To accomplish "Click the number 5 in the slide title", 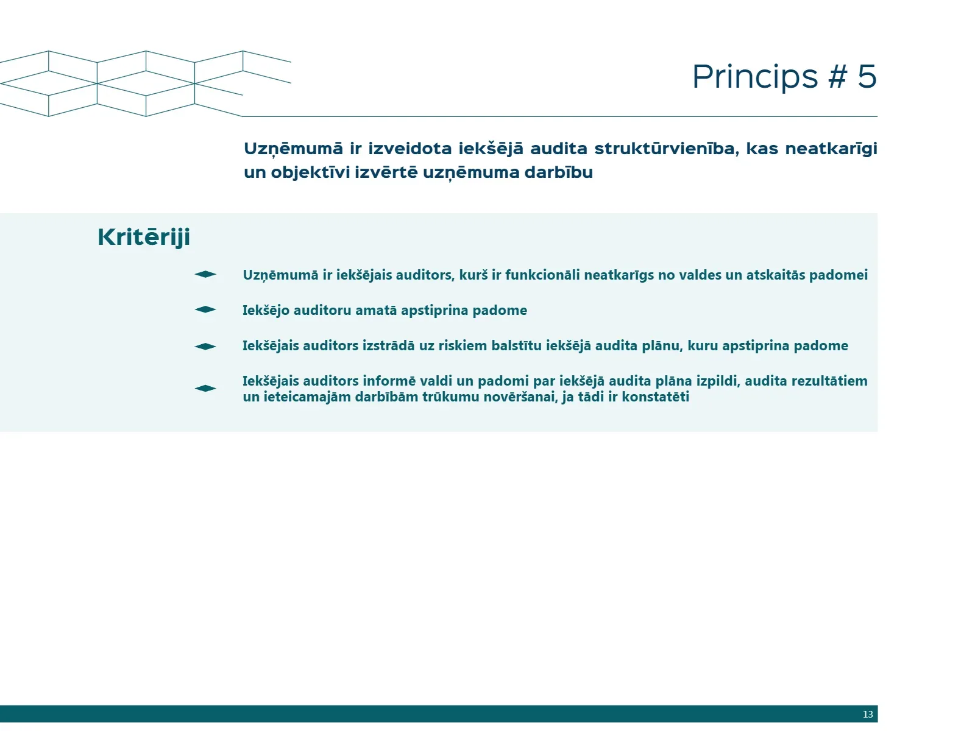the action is click(x=867, y=76).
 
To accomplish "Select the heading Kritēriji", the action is click(x=144, y=237).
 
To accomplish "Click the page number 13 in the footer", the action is click(x=868, y=714).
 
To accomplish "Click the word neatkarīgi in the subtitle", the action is click(x=831, y=149).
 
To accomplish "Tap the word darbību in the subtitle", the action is click(x=558, y=172).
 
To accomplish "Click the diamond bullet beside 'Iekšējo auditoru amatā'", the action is click(x=205, y=309).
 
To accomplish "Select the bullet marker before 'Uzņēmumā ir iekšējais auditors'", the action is click(x=205, y=274).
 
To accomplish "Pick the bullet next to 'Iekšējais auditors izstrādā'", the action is click(x=205, y=346).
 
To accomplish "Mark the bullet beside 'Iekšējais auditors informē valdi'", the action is click(x=205, y=389).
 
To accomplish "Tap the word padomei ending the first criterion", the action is click(x=838, y=275).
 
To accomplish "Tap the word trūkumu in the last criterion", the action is click(x=451, y=397).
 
